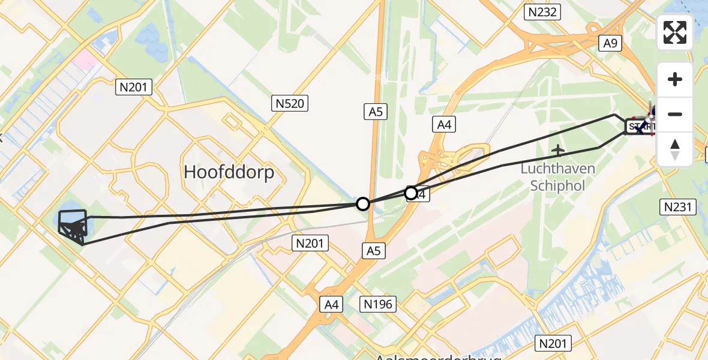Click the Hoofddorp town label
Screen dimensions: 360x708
coord(229,172)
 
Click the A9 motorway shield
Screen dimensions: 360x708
coord(611,43)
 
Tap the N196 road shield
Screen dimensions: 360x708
coord(379,304)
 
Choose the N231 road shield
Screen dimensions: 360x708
coord(679,208)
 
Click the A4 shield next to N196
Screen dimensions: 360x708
coord(332,304)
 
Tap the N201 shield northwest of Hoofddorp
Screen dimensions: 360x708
coord(134,88)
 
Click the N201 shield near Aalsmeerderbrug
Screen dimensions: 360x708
coord(553,343)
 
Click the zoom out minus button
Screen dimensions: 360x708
coord(675,114)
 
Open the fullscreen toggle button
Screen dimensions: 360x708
coord(675,32)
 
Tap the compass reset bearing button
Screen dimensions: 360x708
coord(675,149)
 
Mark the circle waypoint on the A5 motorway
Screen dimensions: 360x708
coord(362,204)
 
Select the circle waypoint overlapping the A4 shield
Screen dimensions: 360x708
coord(411,193)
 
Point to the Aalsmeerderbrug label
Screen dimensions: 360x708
coord(437,356)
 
